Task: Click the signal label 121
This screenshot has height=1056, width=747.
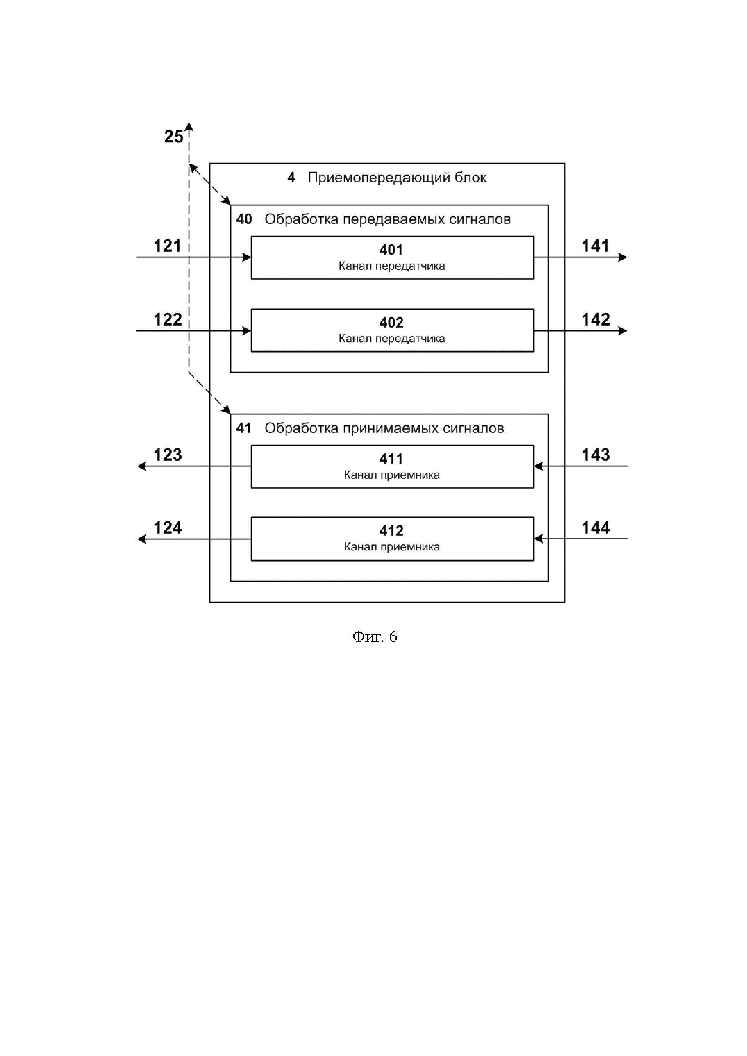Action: [167, 246]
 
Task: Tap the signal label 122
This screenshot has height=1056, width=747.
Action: [167, 319]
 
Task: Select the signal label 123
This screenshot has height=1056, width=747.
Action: [167, 455]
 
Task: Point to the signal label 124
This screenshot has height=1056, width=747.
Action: [167, 528]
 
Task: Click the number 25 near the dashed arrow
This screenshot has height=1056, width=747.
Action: [173, 137]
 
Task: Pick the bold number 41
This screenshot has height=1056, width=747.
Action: [244, 428]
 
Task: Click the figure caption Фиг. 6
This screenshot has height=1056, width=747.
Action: [374, 637]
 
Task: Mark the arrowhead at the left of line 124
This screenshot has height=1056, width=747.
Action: [142, 539]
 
